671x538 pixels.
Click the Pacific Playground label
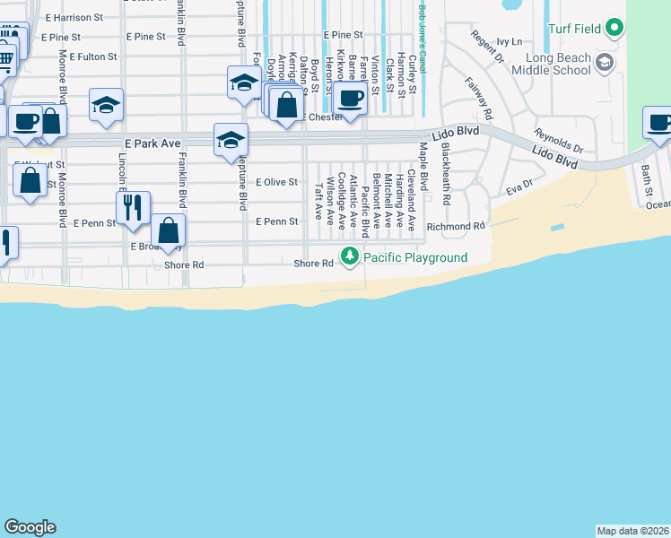(x=415, y=258)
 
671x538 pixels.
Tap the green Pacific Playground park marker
(x=348, y=258)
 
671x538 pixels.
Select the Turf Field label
(x=574, y=29)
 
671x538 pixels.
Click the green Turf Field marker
(x=614, y=29)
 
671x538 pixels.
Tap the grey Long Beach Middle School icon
(x=605, y=62)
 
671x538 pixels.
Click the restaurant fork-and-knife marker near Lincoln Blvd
(x=133, y=207)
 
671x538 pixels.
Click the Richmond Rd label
(x=456, y=227)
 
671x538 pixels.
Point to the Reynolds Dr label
(x=559, y=141)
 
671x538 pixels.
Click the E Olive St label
(x=276, y=182)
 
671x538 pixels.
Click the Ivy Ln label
(x=509, y=41)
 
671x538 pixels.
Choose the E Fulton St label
(x=87, y=56)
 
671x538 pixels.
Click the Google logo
(x=30, y=527)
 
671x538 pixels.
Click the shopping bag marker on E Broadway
(x=168, y=230)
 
